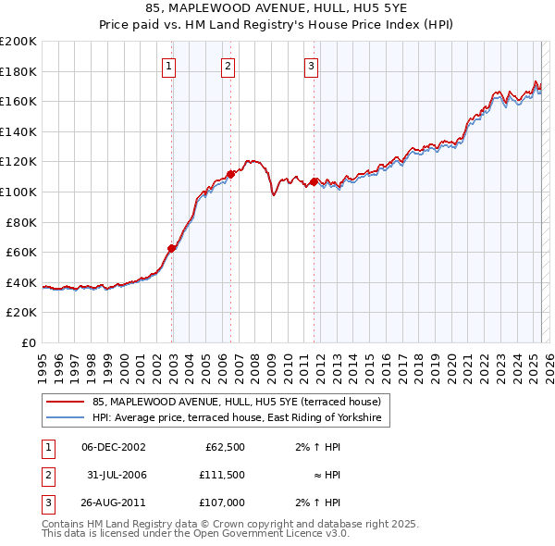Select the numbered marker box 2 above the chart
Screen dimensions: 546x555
228,66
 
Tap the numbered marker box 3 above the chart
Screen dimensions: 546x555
312,66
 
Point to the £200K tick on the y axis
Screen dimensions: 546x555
18,42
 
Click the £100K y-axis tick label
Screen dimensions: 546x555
18,192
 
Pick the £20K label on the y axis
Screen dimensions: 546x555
21,313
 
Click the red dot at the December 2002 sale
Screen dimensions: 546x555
172,248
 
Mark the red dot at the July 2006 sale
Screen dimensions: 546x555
231,174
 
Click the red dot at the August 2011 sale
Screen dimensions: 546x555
314,181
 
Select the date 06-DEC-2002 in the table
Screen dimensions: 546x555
114,447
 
